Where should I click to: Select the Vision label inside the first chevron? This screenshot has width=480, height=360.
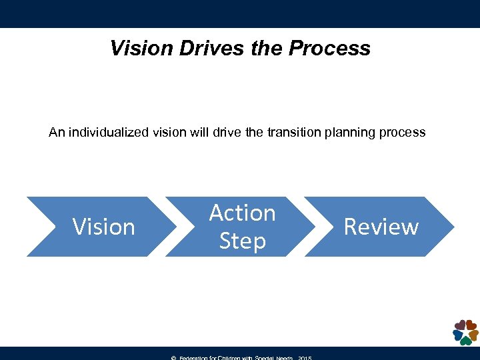pyautogui.click(x=103, y=227)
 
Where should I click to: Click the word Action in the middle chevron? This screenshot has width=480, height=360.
pyautogui.click(x=242, y=213)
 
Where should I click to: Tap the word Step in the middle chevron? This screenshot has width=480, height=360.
pyautogui.click(x=242, y=241)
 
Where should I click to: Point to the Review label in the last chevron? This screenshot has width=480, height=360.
pyautogui.click(x=381, y=227)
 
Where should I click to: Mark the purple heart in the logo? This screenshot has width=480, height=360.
pyautogui.click(x=459, y=325)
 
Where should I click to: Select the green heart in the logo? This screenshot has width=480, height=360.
pyautogui.click(x=465, y=340)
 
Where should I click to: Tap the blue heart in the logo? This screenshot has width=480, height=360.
pyautogui.click(x=457, y=335)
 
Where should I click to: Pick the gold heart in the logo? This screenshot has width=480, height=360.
pyautogui.click(x=473, y=334)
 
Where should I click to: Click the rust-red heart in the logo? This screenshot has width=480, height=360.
pyautogui.click(x=470, y=325)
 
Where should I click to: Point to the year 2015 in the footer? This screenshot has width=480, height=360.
pyautogui.click(x=304, y=358)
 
